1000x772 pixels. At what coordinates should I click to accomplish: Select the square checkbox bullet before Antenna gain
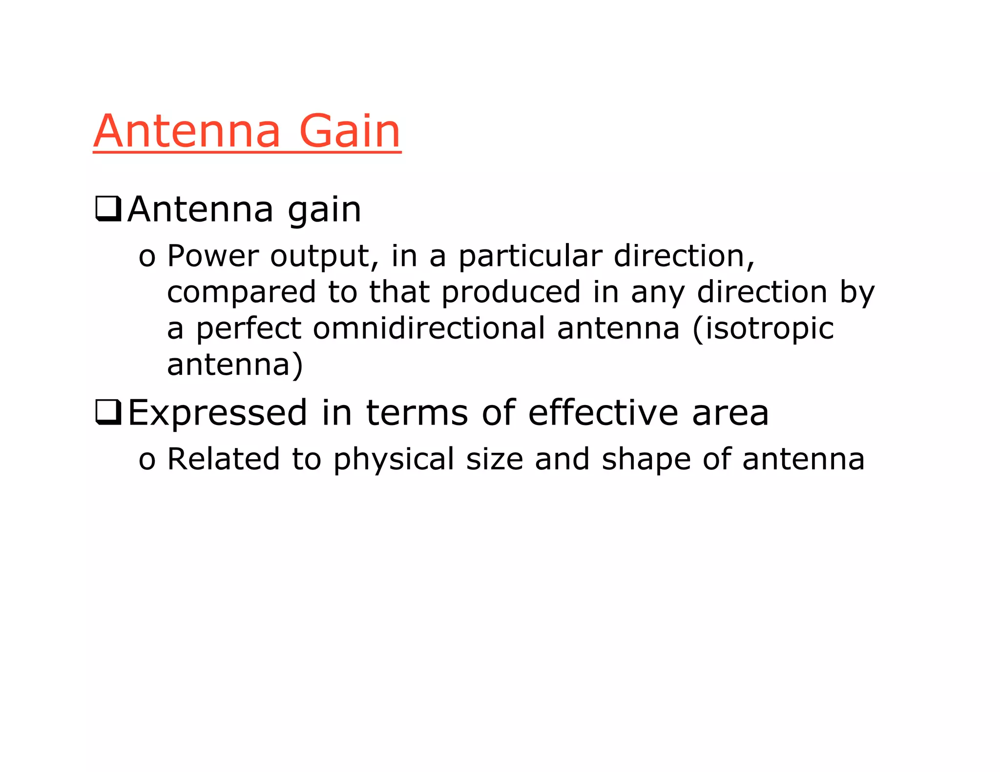pyautogui.click(x=108, y=209)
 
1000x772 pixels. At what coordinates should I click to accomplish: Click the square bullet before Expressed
pyautogui.click(x=108, y=412)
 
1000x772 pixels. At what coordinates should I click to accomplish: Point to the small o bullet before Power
pyautogui.click(x=147, y=257)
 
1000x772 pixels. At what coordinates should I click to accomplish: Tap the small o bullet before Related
pyautogui.click(x=147, y=460)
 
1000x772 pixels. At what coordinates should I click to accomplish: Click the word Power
pyautogui.click(x=212, y=256)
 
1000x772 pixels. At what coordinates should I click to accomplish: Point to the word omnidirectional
pyautogui.click(x=429, y=328)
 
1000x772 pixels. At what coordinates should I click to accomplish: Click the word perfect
pyautogui.click(x=249, y=328)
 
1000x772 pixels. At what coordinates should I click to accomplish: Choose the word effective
pyautogui.click(x=603, y=412)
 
